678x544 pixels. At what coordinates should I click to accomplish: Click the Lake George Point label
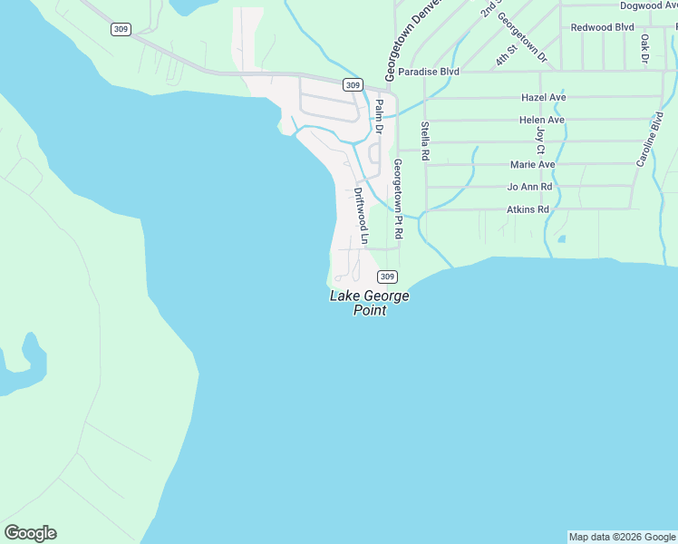pyautogui.click(x=369, y=303)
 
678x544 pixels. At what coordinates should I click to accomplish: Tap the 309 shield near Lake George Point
pyautogui.click(x=386, y=277)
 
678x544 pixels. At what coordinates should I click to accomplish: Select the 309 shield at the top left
pyautogui.click(x=121, y=29)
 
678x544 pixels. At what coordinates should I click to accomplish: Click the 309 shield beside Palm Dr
pyautogui.click(x=354, y=84)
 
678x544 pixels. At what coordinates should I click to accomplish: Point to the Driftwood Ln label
pyautogui.click(x=362, y=217)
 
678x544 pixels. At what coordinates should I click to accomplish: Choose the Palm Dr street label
pyautogui.click(x=380, y=116)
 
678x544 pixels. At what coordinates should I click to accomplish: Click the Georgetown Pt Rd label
pyautogui.click(x=397, y=198)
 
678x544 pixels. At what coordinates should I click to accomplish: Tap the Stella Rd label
pyautogui.click(x=424, y=142)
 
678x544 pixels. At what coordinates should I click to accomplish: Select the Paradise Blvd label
pyautogui.click(x=429, y=72)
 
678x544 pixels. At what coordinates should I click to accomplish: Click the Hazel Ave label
pyautogui.click(x=544, y=97)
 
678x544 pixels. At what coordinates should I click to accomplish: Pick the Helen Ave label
pyautogui.click(x=542, y=120)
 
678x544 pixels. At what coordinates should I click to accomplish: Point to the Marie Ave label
pyautogui.click(x=532, y=165)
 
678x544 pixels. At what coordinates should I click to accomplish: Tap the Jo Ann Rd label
pyautogui.click(x=529, y=187)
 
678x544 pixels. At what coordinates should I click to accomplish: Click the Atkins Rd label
pyautogui.click(x=528, y=209)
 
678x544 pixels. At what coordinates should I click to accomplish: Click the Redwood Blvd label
pyautogui.click(x=602, y=27)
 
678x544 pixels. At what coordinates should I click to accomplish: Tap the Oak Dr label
pyautogui.click(x=644, y=48)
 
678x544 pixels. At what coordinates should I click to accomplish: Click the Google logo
pyautogui.click(x=30, y=533)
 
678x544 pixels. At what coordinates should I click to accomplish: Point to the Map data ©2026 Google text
pyautogui.click(x=622, y=537)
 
